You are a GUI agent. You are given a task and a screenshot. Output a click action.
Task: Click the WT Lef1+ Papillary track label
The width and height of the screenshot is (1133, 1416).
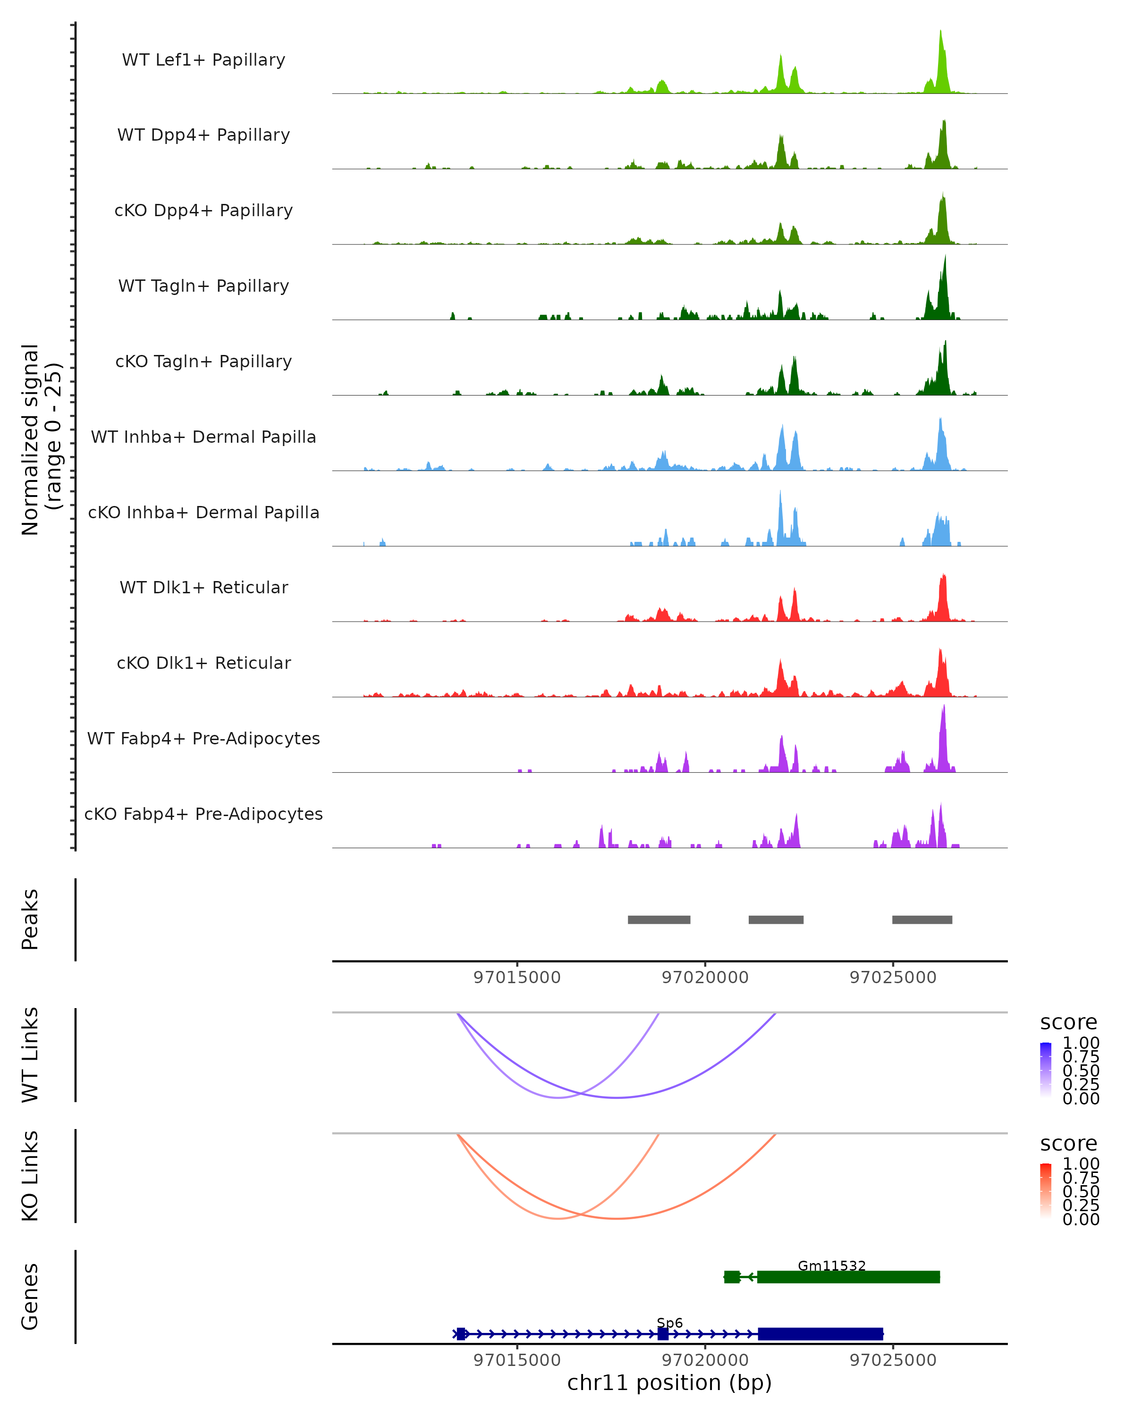203,60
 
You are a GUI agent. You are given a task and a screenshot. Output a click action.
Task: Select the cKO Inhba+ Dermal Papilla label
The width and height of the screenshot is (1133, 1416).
203,512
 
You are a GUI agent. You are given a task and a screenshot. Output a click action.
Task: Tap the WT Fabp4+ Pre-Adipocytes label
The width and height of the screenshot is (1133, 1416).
203,738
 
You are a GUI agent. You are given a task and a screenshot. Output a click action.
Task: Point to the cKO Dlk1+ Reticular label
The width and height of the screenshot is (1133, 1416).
203,663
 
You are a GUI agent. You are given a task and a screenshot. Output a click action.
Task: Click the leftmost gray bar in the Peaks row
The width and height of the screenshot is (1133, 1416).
659,919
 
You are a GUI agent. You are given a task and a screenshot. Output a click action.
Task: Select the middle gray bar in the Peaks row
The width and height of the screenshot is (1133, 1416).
776,919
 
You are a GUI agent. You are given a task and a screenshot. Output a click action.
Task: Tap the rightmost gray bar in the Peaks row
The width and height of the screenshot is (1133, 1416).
922,919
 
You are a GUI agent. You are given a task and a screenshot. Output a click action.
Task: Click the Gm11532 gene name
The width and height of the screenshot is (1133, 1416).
831,1265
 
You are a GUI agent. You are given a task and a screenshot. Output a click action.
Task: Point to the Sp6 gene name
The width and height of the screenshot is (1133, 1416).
669,1323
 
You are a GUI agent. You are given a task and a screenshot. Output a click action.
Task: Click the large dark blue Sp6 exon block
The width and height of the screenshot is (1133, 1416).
820,1334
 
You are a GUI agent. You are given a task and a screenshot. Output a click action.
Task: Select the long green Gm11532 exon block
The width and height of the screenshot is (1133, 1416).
848,1277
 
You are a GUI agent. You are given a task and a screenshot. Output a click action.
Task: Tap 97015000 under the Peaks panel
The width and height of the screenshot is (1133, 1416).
517,978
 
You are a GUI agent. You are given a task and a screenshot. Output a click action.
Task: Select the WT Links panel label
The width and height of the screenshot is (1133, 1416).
30,1055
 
